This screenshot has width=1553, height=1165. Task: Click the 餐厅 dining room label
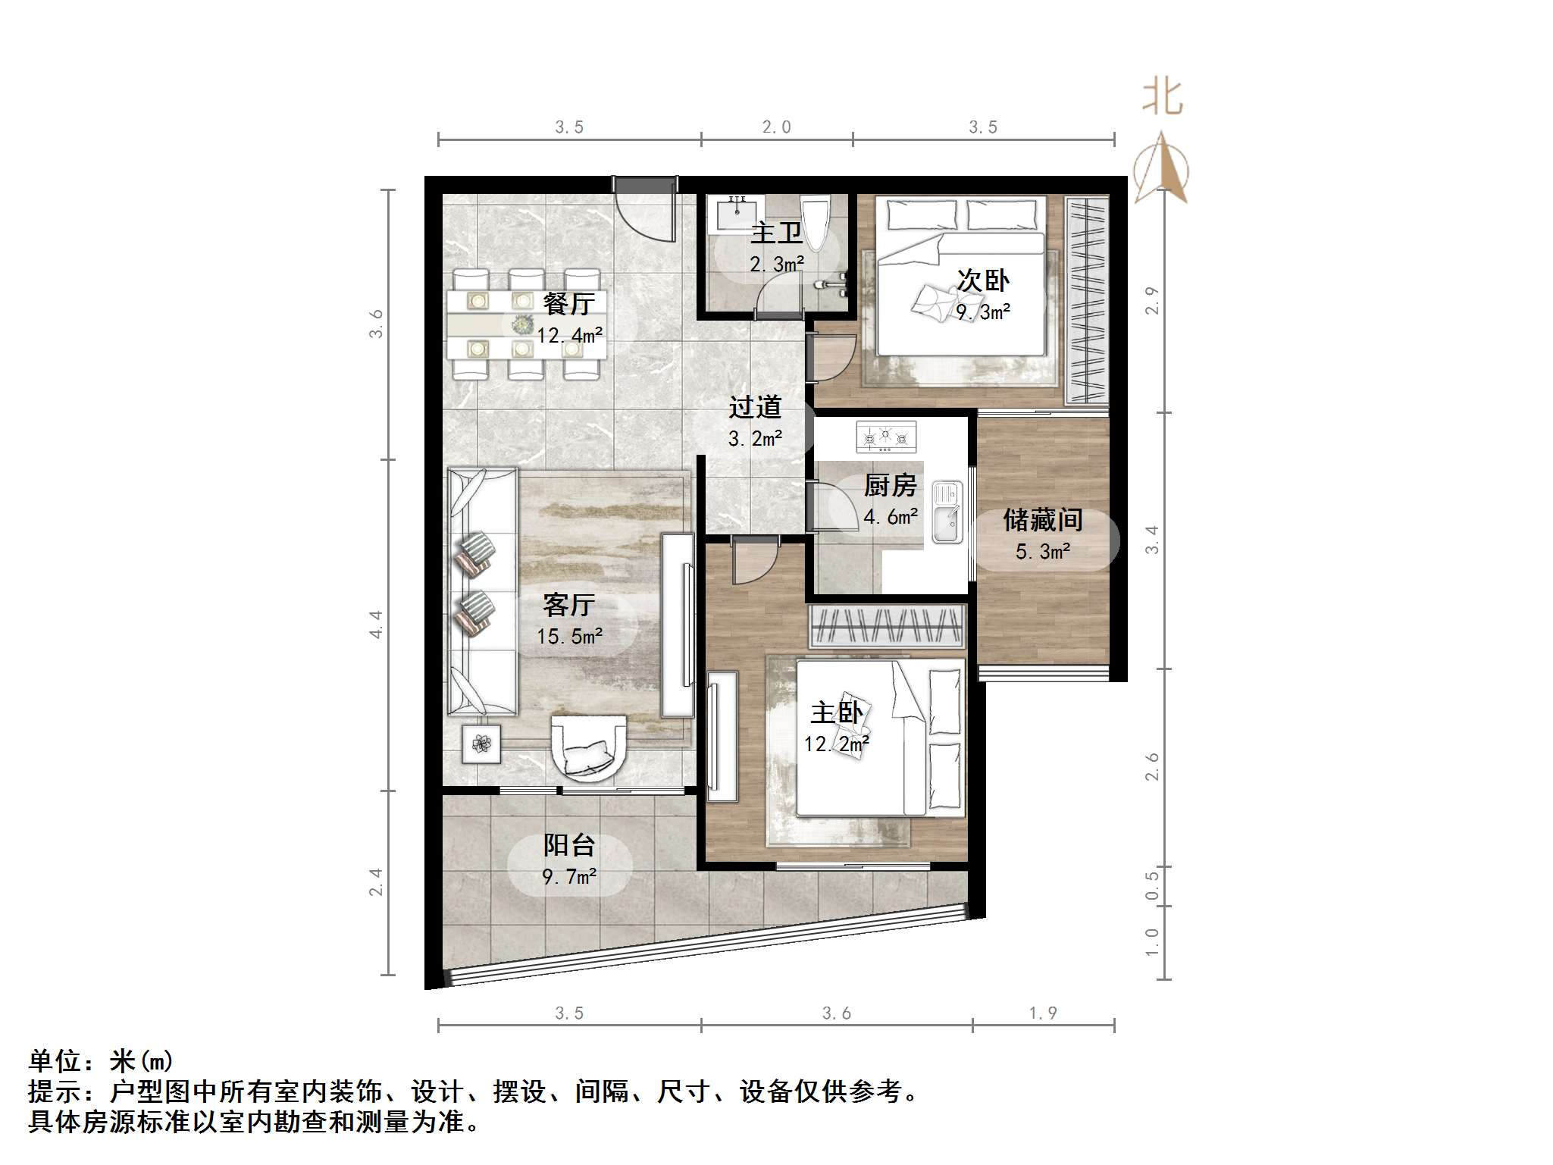point(569,305)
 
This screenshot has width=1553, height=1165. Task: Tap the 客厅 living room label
point(568,606)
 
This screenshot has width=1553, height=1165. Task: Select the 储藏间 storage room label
point(1043,521)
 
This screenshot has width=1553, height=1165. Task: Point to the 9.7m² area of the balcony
point(569,877)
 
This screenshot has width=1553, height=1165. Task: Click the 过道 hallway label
point(755,408)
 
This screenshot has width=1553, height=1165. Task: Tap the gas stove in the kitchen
point(886,437)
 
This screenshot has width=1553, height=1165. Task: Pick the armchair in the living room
point(588,747)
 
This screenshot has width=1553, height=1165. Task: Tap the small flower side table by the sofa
point(481,744)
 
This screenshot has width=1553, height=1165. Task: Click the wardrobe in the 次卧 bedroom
point(1087,300)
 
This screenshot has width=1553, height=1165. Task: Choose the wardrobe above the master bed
point(887,626)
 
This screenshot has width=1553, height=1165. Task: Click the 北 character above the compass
point(1162,98)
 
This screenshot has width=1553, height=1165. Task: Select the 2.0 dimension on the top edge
point(776,127)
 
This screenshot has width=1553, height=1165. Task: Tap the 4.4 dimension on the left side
point(376,625)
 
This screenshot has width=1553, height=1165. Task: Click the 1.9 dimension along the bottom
point(1043,1013)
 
